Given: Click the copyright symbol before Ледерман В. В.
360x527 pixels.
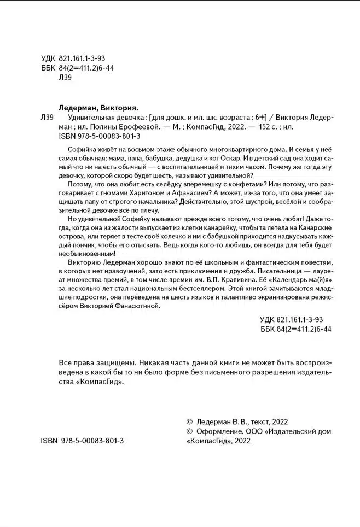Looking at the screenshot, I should pyautogui.click(x=190, y=422).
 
